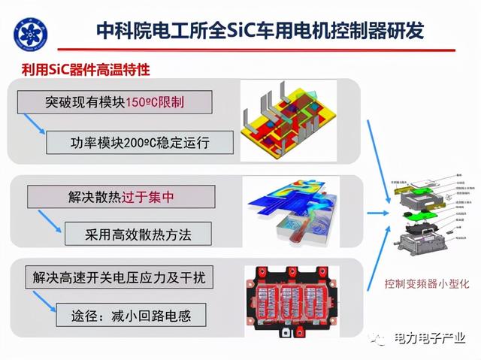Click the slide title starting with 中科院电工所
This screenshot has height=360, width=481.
pyautogui.click(x=260, y=30)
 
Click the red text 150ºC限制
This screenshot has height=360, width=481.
pyautogui.click(x=156, y=103)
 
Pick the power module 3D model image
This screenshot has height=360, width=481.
pyautogui.click(x=293, y=119)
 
